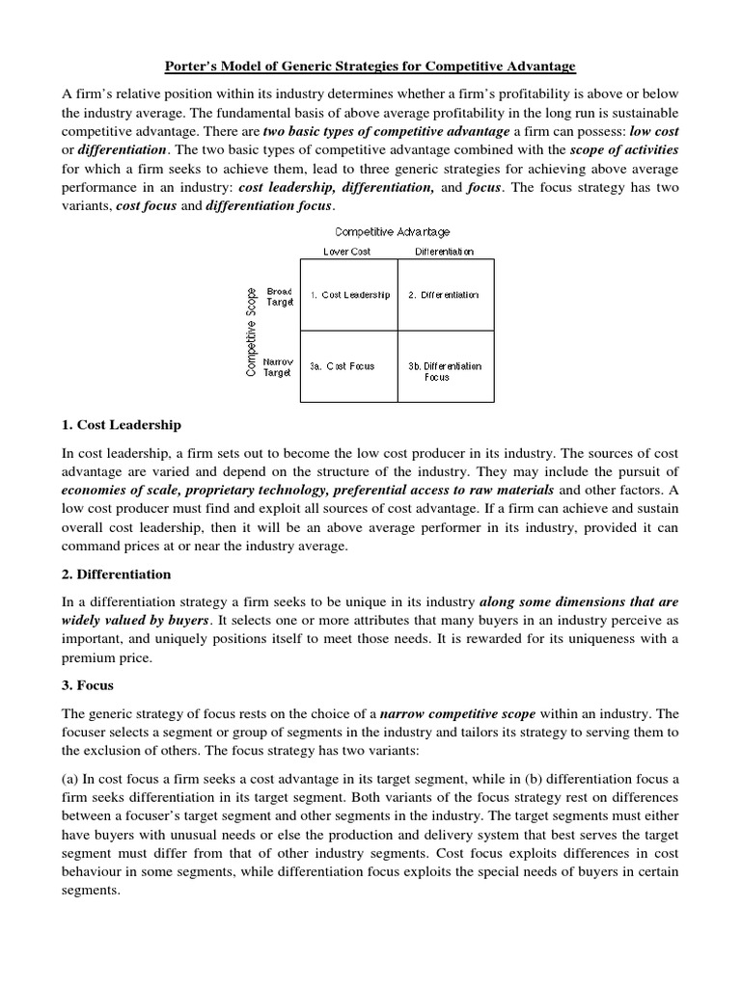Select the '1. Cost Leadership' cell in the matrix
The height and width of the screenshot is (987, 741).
349,295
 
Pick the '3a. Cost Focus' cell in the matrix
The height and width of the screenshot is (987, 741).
342,366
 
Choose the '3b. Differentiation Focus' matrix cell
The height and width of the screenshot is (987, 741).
444,371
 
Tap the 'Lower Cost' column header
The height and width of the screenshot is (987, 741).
346,252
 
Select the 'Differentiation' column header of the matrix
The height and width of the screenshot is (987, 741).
444,252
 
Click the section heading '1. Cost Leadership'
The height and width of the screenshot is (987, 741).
122,424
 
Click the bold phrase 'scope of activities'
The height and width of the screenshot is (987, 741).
624,149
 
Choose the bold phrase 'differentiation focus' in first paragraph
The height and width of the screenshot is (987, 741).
267,206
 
